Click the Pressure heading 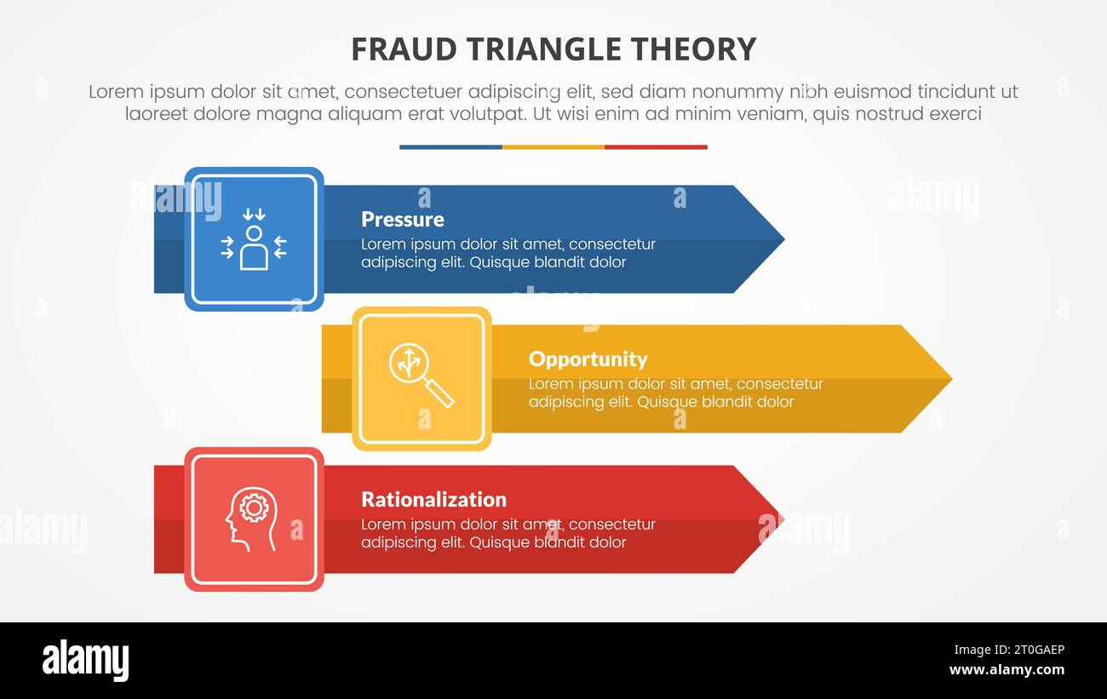402,220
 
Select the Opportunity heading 588,359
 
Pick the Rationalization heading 433,500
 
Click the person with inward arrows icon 254,240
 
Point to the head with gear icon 250,519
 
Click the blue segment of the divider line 450,147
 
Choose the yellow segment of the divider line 553,147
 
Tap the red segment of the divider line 656,147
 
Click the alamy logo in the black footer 86,661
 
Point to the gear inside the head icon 254,508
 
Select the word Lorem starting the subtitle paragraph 115,92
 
